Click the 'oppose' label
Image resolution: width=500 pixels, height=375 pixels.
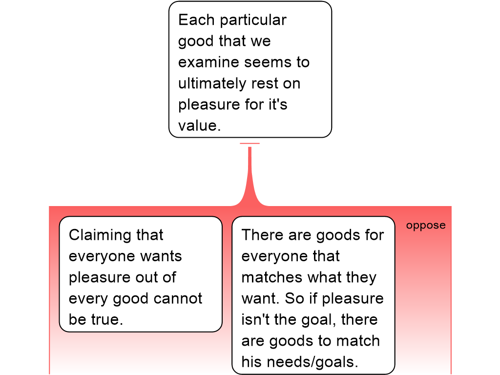coord(426,226)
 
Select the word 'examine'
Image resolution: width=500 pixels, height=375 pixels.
coord(208,62)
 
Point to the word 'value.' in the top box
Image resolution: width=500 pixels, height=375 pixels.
coord(200,125)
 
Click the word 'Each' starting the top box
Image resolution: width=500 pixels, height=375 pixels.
coord(195,20)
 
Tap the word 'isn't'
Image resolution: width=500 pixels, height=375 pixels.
coord(255,320)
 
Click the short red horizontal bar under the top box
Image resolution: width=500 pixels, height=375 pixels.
coord(250,143)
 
